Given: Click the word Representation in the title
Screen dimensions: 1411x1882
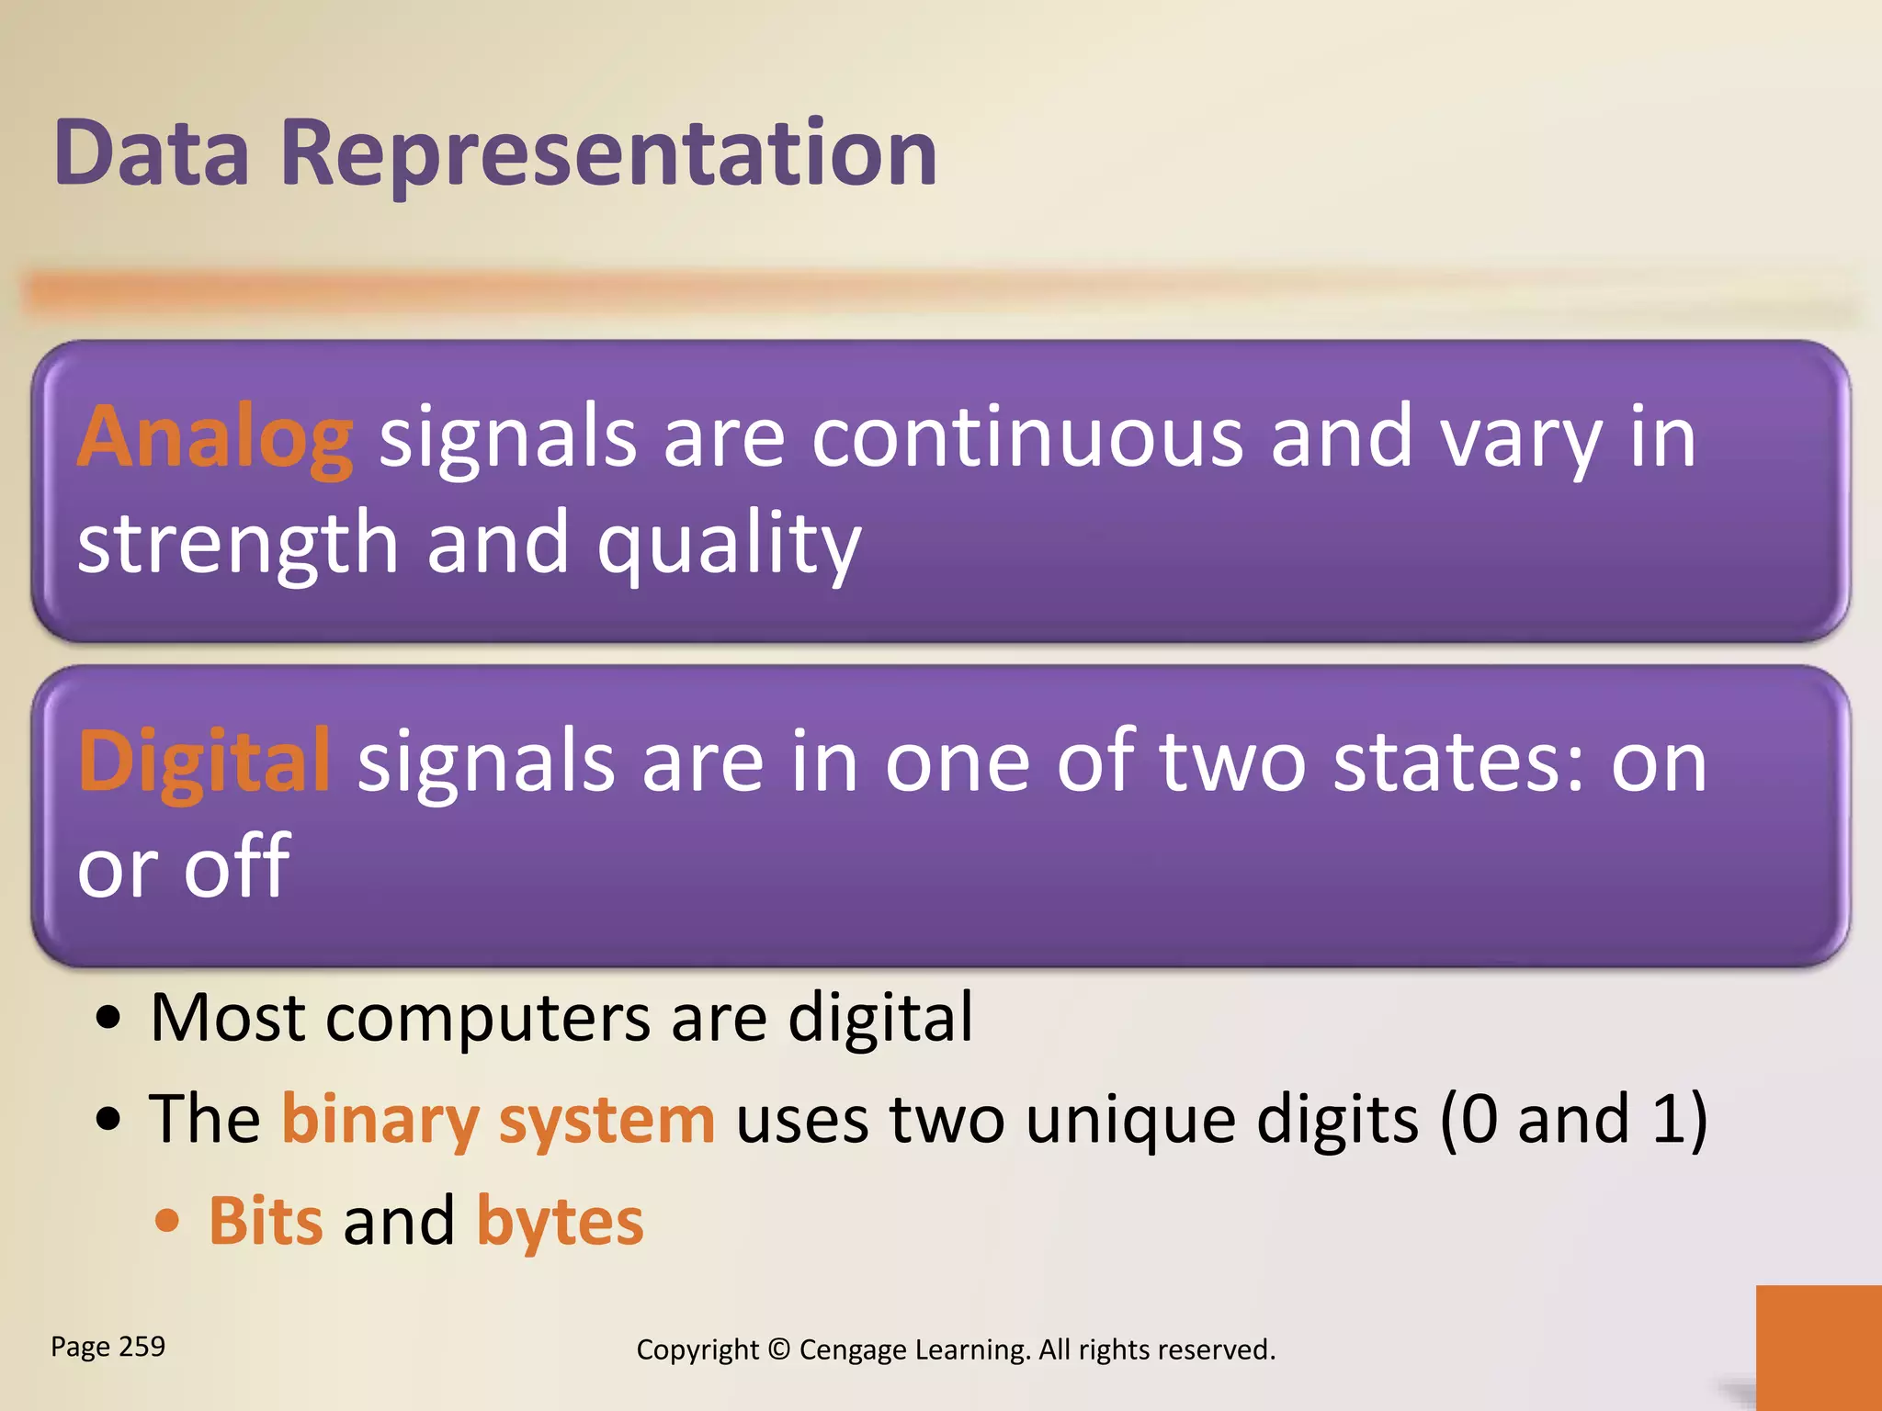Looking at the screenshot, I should click(x=607, y=154).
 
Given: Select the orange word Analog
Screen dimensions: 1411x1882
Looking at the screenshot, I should click(x=215, y=439).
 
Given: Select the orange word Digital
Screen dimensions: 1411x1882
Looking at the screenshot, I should click(x=204, y=762).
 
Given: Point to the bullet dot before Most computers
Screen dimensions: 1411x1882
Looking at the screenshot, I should click(x=108, y=1019).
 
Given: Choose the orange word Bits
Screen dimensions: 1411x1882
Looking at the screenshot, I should click(x=266, y=1222).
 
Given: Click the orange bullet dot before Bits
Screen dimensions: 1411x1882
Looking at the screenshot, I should click(x=167, y=1222).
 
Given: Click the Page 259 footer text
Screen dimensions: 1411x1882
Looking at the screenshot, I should click(x=108, y=1347).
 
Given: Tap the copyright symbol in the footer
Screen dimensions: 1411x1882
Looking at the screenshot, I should click(x=778, y=1349).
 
